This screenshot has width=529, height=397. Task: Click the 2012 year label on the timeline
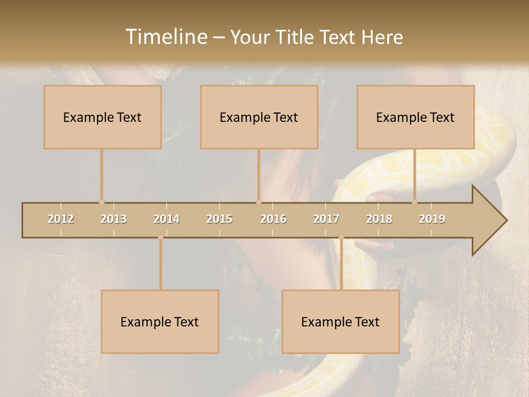pyautogui.click(x=61, y=219)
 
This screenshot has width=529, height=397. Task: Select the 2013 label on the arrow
pyautogui.click(x=114, y=219)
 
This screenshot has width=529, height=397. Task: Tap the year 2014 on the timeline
pyautogui.click(x=166, y=219)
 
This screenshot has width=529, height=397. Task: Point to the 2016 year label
pyautogui.click(x=273, y=219)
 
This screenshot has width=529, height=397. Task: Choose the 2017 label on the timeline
pyautogui.click(x=326, y=219)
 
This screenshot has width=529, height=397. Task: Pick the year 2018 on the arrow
pyautogui.click(x=379, y=219)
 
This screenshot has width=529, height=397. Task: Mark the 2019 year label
pyautogui.click(x=432, y=219)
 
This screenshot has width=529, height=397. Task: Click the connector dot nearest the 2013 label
pyautogui.click(x=101, y=202)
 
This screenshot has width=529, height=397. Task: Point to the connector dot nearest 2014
pyautogui.click(x=160, y=237)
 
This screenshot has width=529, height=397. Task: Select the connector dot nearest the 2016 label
pyautogui.click(x=258, y=202)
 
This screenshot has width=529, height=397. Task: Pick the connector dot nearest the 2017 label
pyautogui.click(x=341, y=237)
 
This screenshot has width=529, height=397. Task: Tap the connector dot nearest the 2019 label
pyautogui.click(x=415, y=202)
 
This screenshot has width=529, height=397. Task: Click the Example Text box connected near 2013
pyautogui.click(x=102, y=117)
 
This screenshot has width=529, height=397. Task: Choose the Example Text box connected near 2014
pyautogui.click(x=160, y=321)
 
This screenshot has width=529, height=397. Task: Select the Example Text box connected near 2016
pyautogui.click(x=259, y=117)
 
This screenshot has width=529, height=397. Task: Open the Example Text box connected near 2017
pyautogui.click(x=341, y=321)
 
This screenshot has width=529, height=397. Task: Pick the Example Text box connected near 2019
pyautogui.click(x=415, y=117)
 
